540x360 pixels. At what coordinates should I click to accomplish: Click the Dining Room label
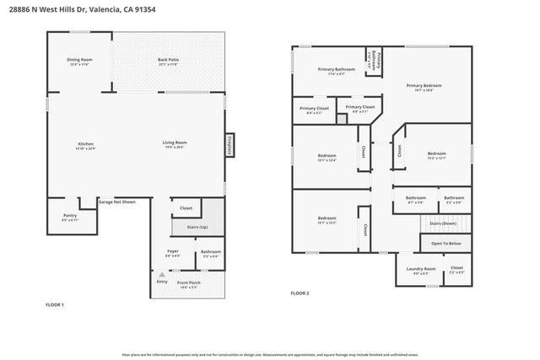tap(79, 60)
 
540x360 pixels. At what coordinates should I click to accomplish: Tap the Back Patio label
tap(168, 60)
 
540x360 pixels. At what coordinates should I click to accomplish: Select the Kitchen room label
tap(84, 144)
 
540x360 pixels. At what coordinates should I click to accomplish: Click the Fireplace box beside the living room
tap(229, 144)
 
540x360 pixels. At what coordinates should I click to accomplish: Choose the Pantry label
tap(69, 215)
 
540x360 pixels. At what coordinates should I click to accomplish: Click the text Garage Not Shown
tap(116, 202)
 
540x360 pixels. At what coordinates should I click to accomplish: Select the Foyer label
tap(172, 251)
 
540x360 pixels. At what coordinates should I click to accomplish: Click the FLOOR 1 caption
tap(54, 304)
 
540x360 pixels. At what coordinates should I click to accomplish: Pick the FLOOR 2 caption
tap(300, 293)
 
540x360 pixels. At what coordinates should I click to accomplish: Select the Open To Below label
tap(445, 243)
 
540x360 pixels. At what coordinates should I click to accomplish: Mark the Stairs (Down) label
tap(442, 223)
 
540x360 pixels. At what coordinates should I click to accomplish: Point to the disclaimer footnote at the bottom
tap(269, 355)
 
